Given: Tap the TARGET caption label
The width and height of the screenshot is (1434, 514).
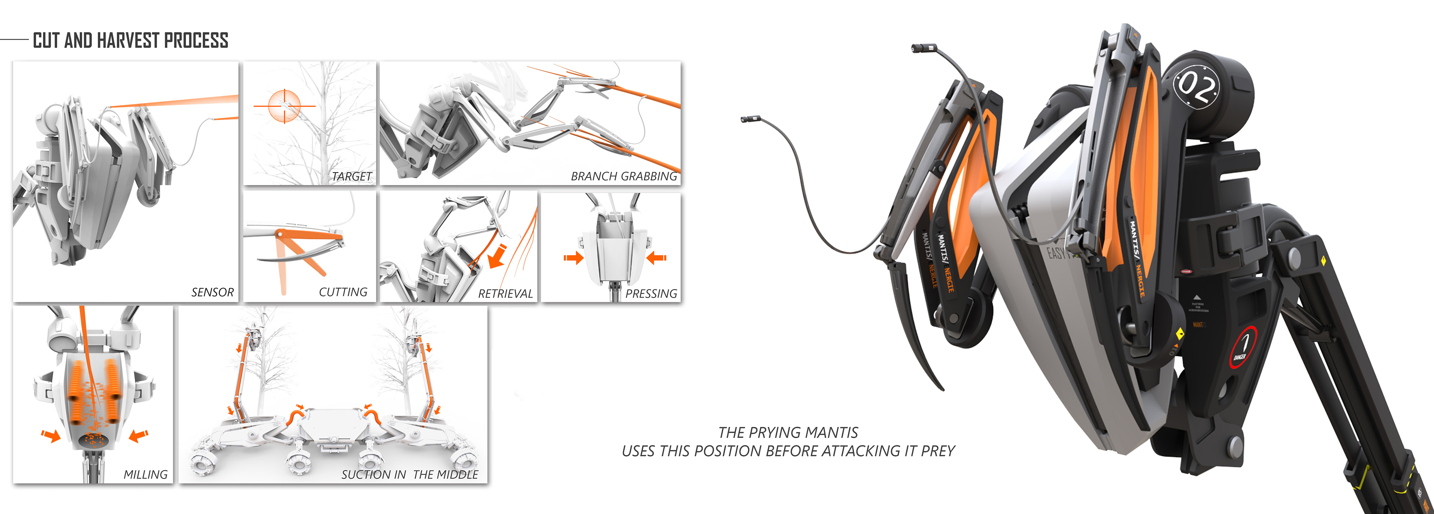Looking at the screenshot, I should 351,176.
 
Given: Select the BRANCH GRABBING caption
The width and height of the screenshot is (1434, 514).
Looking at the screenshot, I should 624,176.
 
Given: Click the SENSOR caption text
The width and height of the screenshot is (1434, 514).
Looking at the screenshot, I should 212,292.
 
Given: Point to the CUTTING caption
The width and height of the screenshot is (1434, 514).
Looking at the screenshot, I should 343,292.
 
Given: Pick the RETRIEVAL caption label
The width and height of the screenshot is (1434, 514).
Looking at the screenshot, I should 505,294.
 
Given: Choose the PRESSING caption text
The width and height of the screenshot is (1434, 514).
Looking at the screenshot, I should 651,294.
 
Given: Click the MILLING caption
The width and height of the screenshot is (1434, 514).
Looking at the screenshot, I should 145,474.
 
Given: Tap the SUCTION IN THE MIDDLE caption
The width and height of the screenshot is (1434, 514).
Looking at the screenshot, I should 409,474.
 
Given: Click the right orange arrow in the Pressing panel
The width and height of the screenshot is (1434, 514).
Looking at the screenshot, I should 657,257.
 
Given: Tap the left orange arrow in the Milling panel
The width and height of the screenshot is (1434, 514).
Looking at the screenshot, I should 51,435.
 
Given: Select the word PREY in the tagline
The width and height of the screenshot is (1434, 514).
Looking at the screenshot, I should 938,451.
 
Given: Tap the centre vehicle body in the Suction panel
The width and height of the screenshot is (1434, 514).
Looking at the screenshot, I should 332,423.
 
